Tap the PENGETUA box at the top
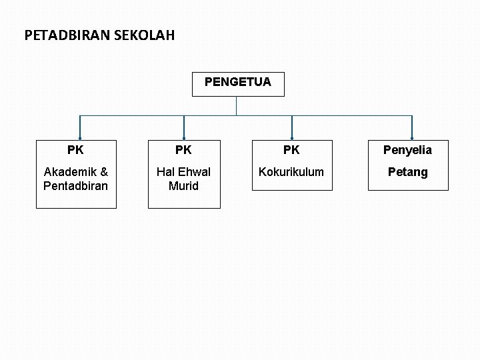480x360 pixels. pyautogui.click(x=237, y=83)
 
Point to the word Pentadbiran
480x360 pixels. pyautogui.click(x=75, y=186)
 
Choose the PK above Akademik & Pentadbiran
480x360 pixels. pyautogui.click(x=75, y=150)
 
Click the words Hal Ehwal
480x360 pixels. pyautogui.click(x=183, y=172)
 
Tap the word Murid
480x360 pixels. pyautogui.click(x=183, y=186)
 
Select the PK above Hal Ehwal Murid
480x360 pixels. pyautogui.click(x=183, y=150)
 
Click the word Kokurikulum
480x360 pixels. pyautogui.click(x=291, y=172)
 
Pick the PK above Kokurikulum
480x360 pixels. pyautogui.click(x=291, y=150)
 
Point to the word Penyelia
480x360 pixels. pyautogui.click(x=407, y=150)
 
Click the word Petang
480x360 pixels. pyautogui.click(x=407, y=172)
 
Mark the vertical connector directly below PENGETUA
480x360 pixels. pyautogui.click(x=237, y=105)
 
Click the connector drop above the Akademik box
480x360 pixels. pyautogui.click(x=80, y=128)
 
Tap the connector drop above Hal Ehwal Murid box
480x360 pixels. pyautogui.click(x=184, y=128)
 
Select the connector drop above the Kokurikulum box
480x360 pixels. pyautogui.click(x=292, y=128)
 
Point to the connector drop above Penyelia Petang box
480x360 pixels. pyautogui.click(x=412, y=128)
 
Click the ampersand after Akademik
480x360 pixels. pyautogui.click(x=103, y=172)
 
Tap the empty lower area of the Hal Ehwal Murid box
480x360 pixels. pyautogui.click(x=183, y=201)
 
